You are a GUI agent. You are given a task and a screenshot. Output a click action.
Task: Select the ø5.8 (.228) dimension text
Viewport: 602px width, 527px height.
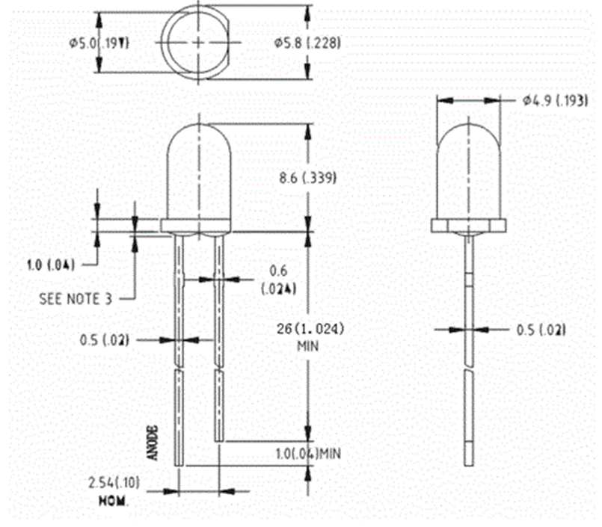pos(307,43)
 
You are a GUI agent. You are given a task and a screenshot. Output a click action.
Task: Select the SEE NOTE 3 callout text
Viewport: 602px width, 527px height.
pos(75,299)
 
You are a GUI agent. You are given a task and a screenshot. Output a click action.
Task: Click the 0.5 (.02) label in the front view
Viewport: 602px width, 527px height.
pos(105,340)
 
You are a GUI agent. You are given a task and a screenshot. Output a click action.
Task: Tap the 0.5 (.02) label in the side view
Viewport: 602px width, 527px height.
pos(541,329)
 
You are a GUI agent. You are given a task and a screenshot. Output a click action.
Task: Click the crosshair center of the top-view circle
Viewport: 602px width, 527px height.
pos(198,43)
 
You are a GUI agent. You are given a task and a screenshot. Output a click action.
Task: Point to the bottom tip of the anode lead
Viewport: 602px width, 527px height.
pos(179,463)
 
